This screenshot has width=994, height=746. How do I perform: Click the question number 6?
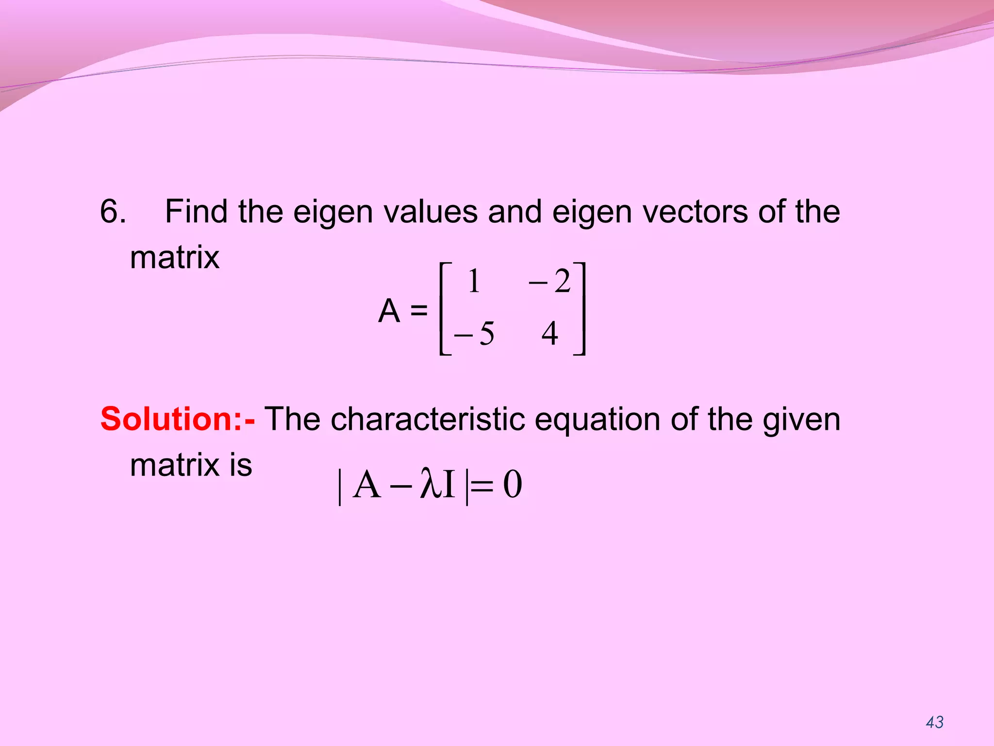(113, 212)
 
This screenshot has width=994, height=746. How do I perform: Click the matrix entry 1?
(474, 281)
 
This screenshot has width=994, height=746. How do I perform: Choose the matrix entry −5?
(474, 334)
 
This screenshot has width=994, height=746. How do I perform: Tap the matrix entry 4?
(549, 334)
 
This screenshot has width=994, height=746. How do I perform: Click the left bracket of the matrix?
(444, 309)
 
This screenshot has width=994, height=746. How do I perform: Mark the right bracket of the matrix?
(580, 309)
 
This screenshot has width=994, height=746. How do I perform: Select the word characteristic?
(428, 419)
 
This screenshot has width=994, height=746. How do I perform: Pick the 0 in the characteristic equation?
(513, 485)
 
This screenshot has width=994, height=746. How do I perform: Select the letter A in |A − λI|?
(367, 485)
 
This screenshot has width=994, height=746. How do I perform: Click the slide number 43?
(934, 722)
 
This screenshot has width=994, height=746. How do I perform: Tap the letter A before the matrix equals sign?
(389, 311)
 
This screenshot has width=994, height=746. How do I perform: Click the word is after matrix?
(241, 465)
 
